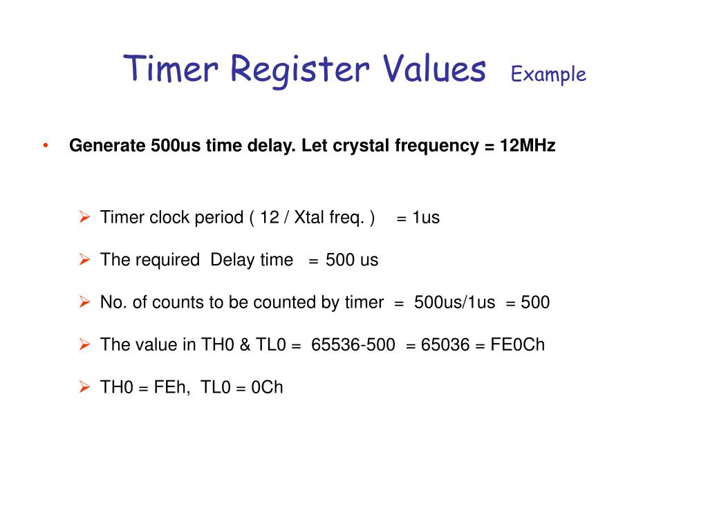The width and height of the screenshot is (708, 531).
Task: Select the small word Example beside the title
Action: point(548,75)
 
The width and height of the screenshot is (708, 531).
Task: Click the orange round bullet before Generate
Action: point(46,146)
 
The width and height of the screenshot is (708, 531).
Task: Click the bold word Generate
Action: point(106,147)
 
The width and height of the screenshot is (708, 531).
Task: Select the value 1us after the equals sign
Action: point(426,218)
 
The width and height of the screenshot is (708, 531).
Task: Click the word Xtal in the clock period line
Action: point(311,218)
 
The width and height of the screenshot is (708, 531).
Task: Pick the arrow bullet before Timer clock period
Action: point(84,218)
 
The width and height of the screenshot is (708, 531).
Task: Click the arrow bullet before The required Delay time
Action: point(84,260)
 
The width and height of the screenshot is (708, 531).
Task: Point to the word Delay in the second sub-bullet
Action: point(232,260)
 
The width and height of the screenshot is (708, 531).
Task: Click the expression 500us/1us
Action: point(455,302)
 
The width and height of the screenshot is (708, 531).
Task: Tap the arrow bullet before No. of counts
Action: point(84,302)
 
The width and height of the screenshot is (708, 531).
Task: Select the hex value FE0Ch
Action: point(518,344)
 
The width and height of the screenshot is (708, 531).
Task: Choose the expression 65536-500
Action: point(353,344)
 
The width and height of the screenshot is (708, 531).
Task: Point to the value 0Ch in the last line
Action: point(268,386)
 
